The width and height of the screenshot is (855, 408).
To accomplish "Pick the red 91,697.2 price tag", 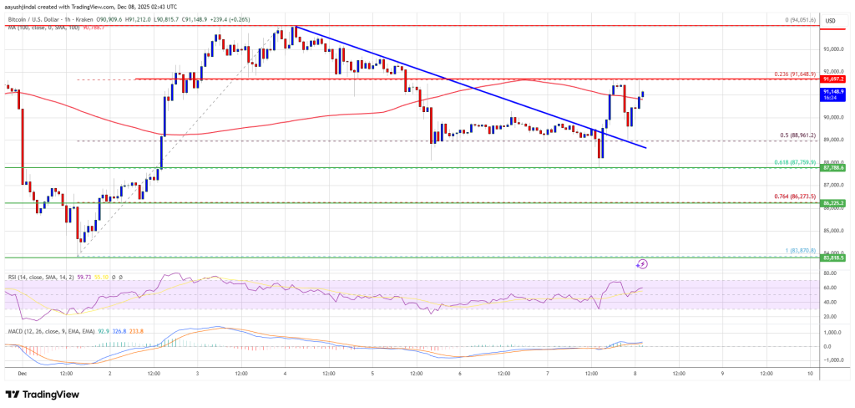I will (x=833, y=79).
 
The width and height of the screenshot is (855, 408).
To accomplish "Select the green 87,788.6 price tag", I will (x=833, y=168).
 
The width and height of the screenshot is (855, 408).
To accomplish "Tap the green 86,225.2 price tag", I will (x=833, y=203).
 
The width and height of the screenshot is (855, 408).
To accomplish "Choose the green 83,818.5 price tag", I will (x=833, y=258).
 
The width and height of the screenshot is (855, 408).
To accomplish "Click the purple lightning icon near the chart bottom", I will (x=643, y=264).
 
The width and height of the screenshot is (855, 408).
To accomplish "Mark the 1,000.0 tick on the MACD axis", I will (x=831, y=332).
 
